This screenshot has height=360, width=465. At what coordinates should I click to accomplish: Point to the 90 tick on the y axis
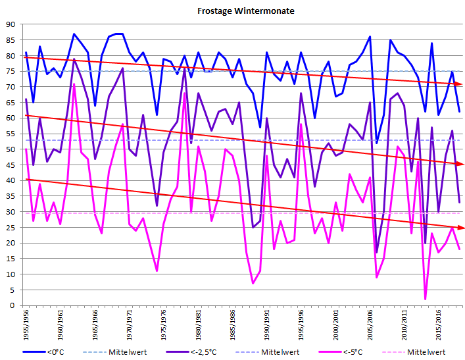tap(11, 24)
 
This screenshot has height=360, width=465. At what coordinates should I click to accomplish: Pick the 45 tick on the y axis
tap(11, 165)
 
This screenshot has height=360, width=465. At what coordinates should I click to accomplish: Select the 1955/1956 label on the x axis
tap(26, 323)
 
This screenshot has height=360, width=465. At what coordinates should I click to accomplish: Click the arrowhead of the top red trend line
tap(459, 84)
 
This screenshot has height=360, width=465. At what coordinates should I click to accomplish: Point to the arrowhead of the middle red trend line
tap(459, 164)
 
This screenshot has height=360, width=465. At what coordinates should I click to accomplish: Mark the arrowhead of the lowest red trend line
tap(459, 228)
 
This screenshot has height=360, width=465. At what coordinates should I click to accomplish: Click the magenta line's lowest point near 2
tap(425, 299)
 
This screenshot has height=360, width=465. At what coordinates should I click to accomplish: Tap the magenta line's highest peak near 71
tap(74, 84)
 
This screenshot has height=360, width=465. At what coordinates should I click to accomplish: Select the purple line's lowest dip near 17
tap(377, 252)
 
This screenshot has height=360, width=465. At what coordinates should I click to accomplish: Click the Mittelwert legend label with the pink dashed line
tap(426, 352)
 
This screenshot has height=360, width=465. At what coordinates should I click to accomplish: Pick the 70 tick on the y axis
tap(11, 87)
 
